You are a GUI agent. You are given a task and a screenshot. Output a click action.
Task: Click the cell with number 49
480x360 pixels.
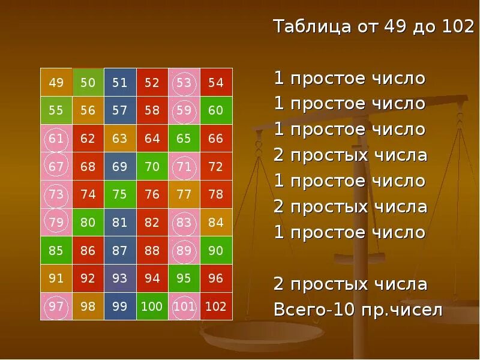[56, 83]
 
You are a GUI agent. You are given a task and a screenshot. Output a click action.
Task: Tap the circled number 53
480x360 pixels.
[184, 83]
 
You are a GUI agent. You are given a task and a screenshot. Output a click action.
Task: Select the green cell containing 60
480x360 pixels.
[216, 110]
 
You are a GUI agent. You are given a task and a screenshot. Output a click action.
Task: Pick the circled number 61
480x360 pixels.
[56, 139]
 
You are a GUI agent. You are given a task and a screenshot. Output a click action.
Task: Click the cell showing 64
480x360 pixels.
[152, 139]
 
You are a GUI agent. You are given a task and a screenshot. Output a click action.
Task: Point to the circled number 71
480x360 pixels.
[184, 166]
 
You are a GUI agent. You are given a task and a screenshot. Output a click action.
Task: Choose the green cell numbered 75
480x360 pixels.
[120, 194]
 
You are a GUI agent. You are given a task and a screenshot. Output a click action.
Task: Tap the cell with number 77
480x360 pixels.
[184, 194]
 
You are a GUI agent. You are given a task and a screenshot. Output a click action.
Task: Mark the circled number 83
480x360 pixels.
[184, 223]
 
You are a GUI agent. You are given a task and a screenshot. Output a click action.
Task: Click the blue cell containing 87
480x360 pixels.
[120, 251]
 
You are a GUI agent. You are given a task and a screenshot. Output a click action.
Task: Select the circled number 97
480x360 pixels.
[56, 307]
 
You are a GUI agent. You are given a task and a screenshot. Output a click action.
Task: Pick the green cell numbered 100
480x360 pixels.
[152, 307]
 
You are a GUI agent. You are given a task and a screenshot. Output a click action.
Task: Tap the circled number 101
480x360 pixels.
[184, 307]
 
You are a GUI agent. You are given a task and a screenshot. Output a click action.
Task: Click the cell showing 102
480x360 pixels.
[216, 307]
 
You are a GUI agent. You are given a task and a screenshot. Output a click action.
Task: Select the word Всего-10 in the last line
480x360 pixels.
[312, 310]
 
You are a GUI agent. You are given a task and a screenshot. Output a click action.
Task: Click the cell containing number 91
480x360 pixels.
[56, 278]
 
